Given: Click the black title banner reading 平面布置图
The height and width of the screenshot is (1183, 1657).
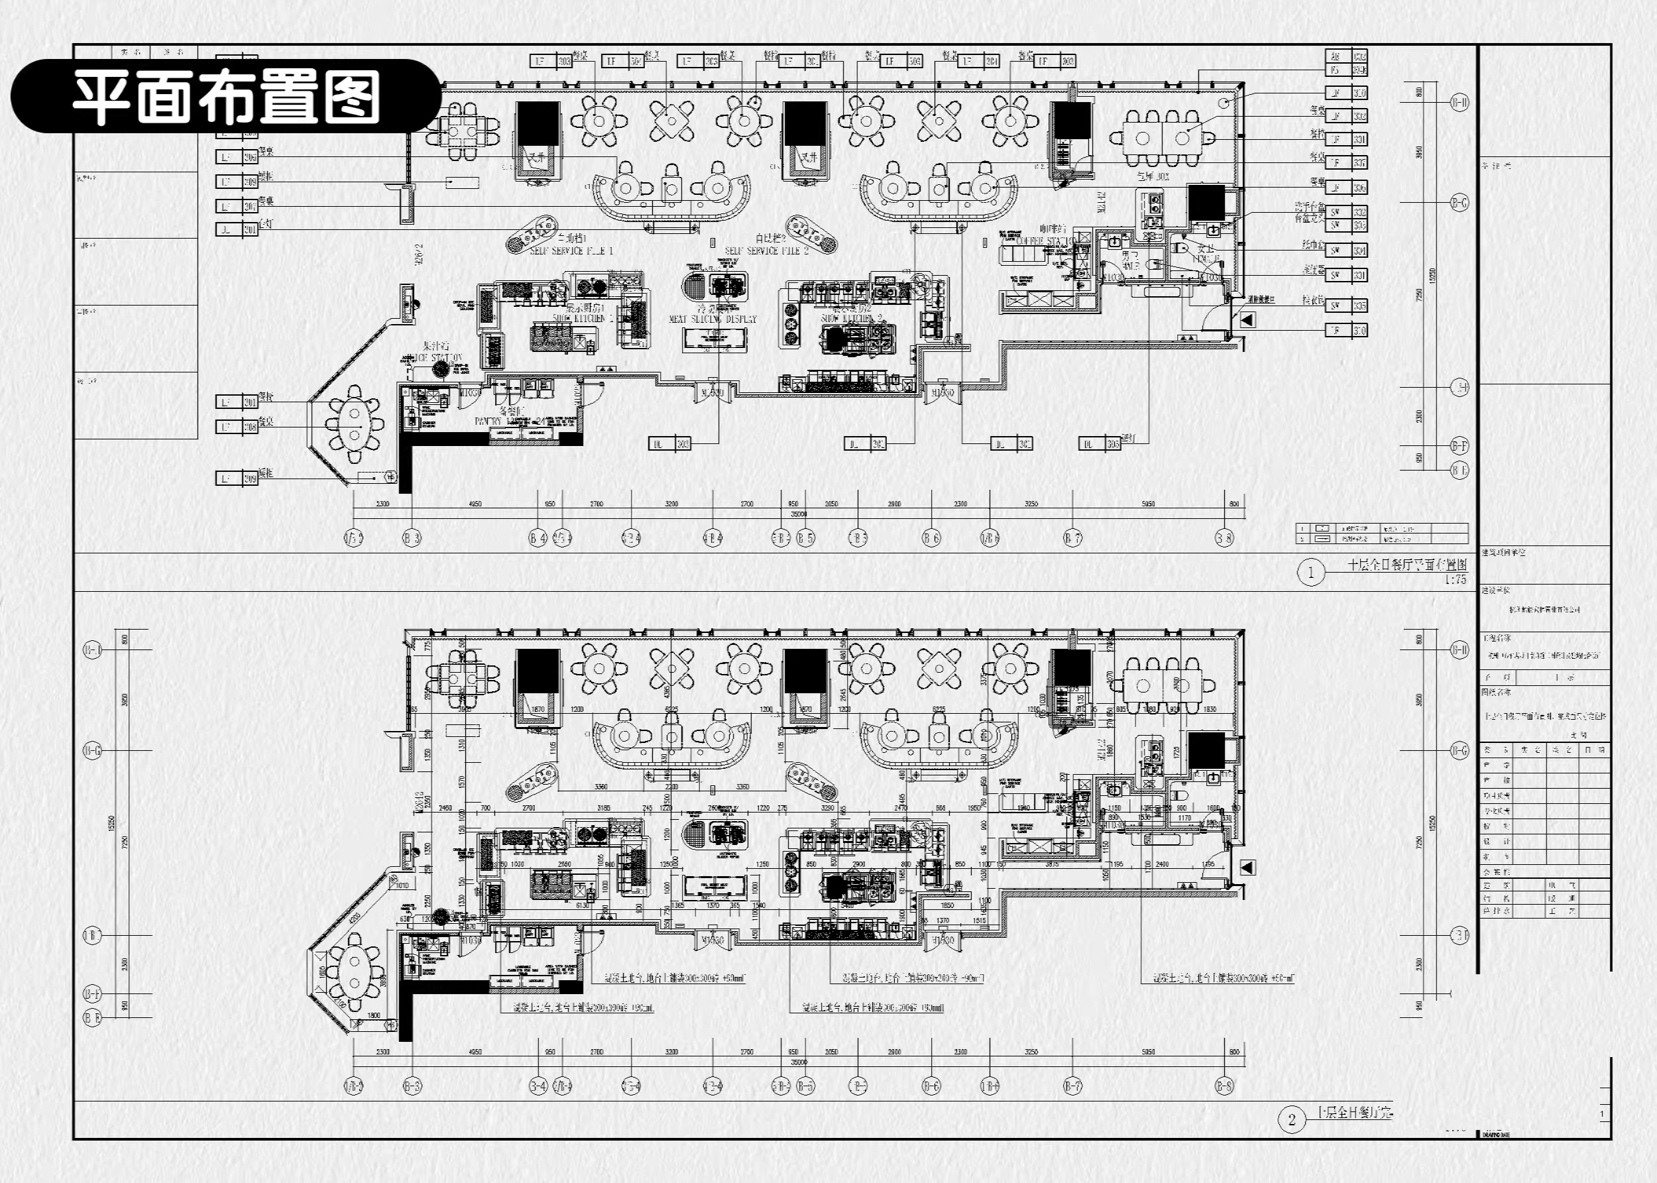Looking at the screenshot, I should click(226, 96).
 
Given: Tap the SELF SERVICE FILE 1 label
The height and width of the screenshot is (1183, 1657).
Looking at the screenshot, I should click(571, 251).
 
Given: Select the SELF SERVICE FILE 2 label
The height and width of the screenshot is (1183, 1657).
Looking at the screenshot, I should click(766, 250).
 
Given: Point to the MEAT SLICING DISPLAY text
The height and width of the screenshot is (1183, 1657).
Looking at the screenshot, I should click(713, 319).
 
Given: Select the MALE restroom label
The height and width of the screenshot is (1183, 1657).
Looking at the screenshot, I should click(1130, 266).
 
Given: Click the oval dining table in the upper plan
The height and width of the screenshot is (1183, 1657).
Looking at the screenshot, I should click(355, 425).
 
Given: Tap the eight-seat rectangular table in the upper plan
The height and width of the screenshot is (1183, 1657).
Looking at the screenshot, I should click(1163, 137).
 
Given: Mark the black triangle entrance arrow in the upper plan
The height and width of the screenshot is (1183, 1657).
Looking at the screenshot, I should click(1247, 319).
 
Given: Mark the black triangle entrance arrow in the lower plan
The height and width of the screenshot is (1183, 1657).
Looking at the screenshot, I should click(1247, 867).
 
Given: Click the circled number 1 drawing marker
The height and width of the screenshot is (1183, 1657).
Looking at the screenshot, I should click(1311, 573).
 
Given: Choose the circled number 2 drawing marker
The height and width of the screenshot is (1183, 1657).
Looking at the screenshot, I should click(1291, 1119).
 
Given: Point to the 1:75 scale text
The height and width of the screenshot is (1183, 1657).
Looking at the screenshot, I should click(1456, 580).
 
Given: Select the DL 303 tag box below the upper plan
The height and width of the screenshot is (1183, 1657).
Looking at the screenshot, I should click(669, 443).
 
